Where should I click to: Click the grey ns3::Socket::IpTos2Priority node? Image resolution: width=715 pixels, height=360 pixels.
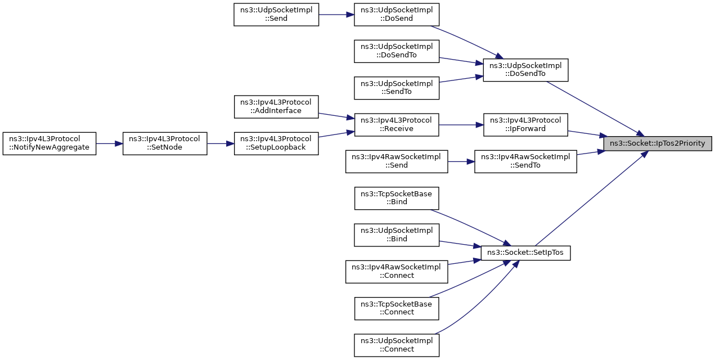pos(658,143)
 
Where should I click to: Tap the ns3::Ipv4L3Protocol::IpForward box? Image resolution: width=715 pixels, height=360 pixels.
pos(525,125)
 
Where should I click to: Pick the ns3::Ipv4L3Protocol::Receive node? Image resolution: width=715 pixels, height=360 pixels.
pos(396,125)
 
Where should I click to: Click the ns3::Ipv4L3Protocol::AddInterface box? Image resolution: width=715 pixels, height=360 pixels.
pos(276,106)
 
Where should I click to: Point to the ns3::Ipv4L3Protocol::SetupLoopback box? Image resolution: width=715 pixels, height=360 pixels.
pos(276,143)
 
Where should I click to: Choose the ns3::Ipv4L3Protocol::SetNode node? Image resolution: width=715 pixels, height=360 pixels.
pos(165,143)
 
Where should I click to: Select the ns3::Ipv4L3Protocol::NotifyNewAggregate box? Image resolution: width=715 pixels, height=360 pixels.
pos(50,143)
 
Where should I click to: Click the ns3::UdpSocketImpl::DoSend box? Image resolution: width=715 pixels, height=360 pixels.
pos(396,14)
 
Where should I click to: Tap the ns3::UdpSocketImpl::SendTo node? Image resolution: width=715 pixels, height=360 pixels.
pos(396,88)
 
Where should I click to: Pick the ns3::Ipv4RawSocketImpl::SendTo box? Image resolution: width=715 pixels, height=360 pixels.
pos(525,161)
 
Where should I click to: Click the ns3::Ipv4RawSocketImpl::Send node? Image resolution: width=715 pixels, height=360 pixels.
pos(396,161)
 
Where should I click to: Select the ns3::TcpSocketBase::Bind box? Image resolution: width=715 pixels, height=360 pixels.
pos(396,198)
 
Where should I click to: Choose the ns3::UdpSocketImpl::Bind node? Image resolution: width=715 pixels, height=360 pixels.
pos(396,235)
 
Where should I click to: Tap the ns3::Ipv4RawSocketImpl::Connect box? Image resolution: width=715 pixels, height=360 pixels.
pos(396,272)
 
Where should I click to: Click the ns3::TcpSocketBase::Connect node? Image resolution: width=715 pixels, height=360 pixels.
pos(396,308)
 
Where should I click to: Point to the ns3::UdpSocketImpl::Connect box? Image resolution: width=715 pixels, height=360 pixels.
pos(396,345)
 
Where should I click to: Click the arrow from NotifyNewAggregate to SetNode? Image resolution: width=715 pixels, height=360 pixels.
pos(110,143)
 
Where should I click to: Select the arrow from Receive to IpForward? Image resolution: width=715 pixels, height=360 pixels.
pos(461,125)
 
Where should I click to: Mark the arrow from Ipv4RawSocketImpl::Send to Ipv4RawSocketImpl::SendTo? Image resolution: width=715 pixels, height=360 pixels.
pos(461,161)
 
